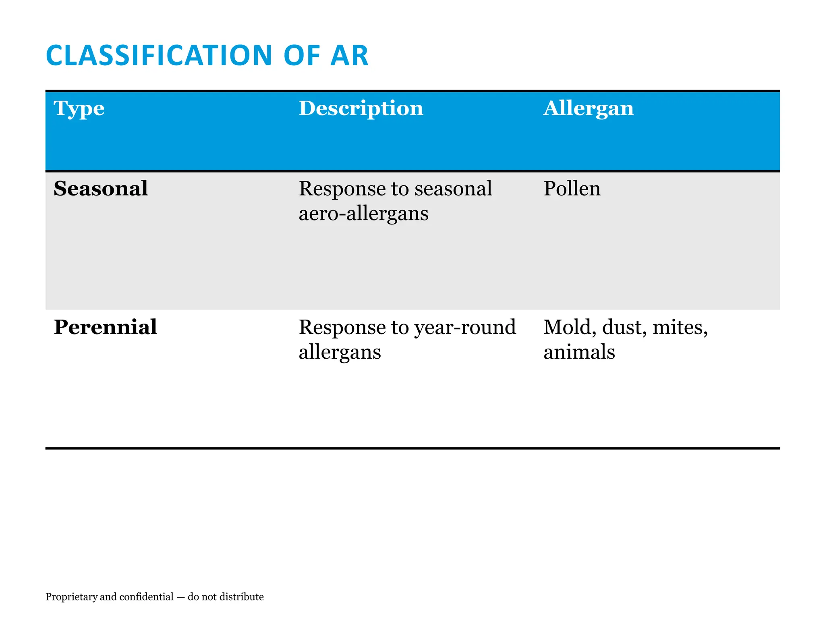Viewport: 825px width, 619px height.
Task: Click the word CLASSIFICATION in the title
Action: (159, 56)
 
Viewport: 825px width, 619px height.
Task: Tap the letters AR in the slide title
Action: (349, 56)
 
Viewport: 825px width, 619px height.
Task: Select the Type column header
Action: (79, 108)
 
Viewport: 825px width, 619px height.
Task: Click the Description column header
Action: (361, 108)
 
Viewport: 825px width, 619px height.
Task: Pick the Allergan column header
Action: (588, 108)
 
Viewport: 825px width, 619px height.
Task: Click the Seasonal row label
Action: (101, 189)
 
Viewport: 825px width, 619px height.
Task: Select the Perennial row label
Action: (105, 327)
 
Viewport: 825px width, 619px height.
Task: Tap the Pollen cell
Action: (572, 189)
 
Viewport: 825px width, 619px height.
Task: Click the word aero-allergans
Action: (363, 214)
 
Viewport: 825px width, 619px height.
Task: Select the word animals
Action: (579, 352)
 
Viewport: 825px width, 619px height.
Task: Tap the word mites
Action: (680, 327)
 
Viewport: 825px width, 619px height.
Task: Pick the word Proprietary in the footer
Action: (71, 597)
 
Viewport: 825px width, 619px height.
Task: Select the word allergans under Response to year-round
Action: (340, 352)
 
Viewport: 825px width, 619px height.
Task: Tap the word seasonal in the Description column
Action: (453, 189)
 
